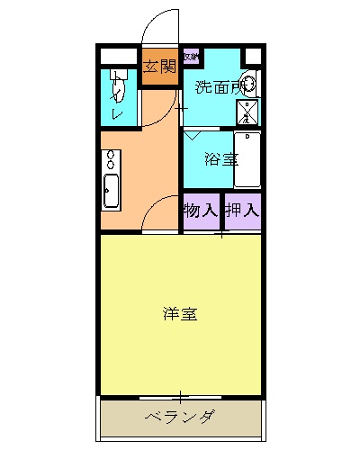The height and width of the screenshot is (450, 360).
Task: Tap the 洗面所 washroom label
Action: [x=219, y=87]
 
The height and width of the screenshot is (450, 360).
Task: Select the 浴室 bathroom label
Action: [x=220, y=160]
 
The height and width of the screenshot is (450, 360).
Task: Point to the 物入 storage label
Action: [x=201, y=211]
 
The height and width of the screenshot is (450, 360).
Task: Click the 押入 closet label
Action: [x=242, y=211]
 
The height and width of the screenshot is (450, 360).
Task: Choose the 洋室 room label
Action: [x=180, y=314]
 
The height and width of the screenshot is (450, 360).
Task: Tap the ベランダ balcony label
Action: [x=180, y=416]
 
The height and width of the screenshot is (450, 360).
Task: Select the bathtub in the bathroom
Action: [x=247, y=159]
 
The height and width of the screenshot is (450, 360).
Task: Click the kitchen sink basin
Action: [x=111, y=191]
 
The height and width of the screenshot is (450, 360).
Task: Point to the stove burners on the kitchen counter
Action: [x=111, y=160]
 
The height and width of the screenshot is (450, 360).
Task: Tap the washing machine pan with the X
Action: [x=247, y=111]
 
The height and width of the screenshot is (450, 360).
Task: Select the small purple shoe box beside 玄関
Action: [x=189, y=56]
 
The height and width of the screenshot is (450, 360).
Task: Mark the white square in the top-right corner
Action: [x=253, y=56]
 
